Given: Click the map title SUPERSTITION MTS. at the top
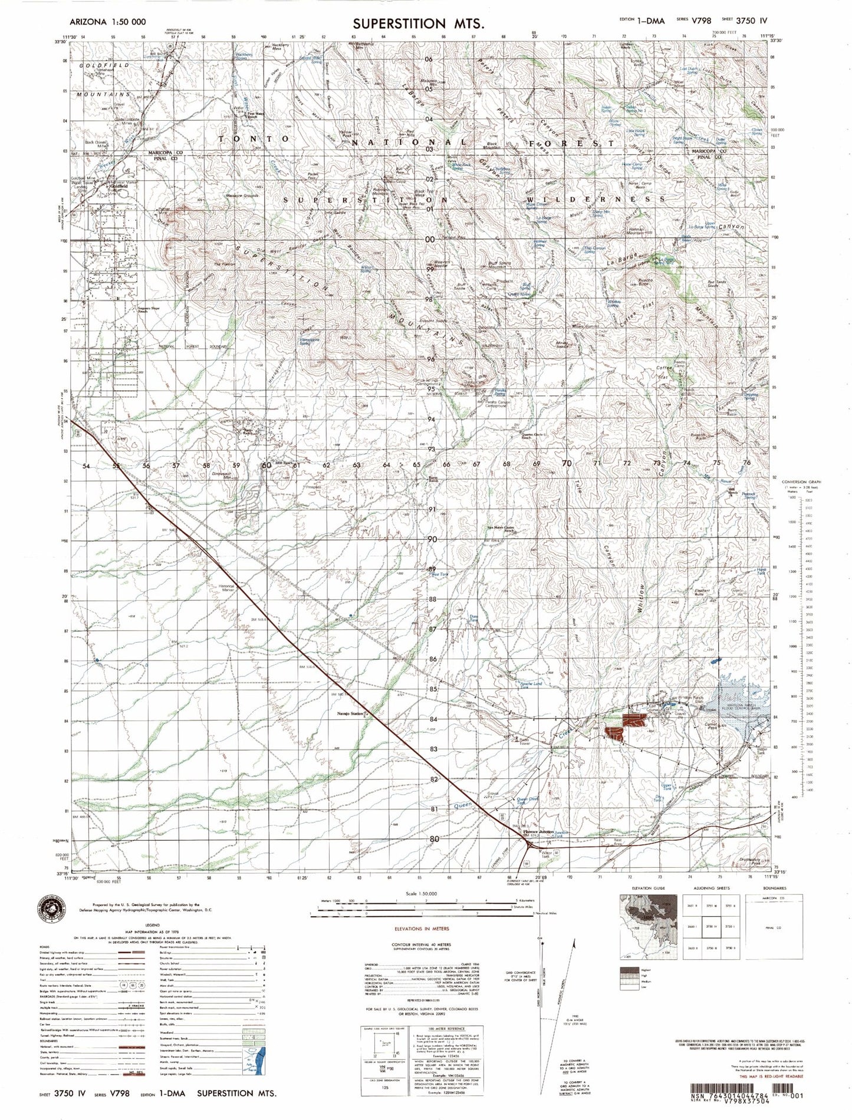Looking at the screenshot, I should point(419,24).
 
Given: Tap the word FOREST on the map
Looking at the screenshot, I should point(572,143).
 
